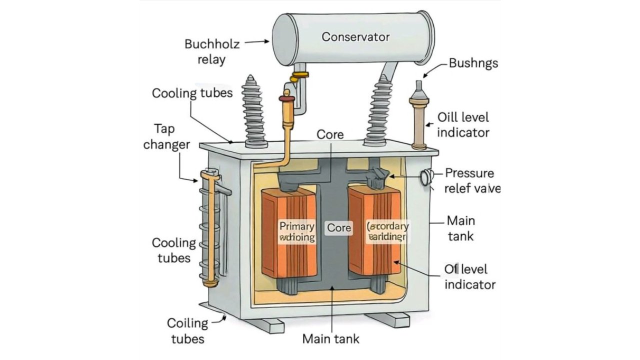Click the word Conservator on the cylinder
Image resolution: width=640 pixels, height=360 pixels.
(355, 36)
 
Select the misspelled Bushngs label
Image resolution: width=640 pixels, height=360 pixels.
(473, 63)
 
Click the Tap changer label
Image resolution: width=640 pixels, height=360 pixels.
(166, 136)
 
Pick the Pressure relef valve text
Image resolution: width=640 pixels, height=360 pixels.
(471, 180)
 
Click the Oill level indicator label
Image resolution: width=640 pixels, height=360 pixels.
(463, 124)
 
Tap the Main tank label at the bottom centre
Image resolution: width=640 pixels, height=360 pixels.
(330, 338)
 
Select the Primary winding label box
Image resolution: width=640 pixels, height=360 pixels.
(297, 231)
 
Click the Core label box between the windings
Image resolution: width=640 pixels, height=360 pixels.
(339, 228)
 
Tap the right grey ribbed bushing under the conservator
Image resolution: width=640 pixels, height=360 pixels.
(381, 112)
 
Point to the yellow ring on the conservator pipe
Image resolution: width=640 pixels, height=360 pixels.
(300, 75)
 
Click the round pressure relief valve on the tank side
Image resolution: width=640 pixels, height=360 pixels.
(426, 177)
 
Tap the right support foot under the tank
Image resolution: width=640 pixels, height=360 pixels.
(387, 319)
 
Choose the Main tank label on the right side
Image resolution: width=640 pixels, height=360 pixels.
(460, 227)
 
